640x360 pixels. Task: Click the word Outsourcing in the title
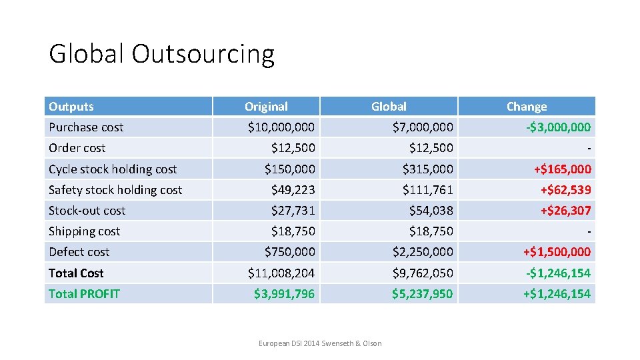pos(203,54)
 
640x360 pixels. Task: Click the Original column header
pos(266,107)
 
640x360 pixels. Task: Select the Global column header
pos(389,107)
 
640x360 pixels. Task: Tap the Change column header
pos(526,107)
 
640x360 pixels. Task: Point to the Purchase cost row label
pos(86,127)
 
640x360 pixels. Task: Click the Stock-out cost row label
pos(87,211)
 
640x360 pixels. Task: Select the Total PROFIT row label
pos(84,294)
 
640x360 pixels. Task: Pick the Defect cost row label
pos(79,252)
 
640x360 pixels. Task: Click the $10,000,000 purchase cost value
pos(281,127)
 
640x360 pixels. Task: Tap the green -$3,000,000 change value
pos(557,127)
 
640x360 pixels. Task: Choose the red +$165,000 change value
pos(561,169)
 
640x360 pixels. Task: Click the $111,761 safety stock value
pos(427,190)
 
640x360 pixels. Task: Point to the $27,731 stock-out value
pos(293,211)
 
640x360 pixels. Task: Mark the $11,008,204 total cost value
pos(281,273)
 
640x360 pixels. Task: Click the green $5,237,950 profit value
pos(422,294)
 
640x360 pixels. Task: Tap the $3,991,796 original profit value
pos(284,294)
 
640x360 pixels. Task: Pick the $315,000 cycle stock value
pos(427,169)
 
